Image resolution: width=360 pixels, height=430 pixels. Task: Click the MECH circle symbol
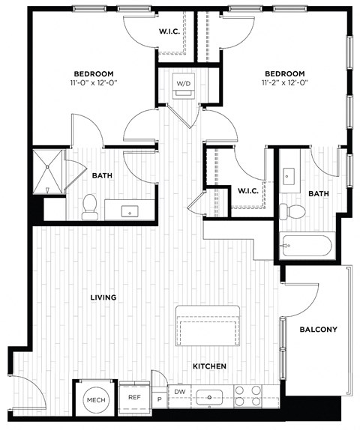click(x=94, y=399)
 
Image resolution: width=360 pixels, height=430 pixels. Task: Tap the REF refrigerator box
click(x=134, y=398)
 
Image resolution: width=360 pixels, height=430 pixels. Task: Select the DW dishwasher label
click(x=180, y=392)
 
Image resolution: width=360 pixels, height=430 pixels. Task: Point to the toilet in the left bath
click(x=89, y=205)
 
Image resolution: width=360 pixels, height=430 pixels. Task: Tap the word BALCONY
click(x=318, y=330)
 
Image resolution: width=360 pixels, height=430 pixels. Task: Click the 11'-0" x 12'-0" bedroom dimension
click(x=93, y=84)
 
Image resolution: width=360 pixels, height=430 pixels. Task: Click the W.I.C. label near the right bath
click(x=248, y=190)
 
